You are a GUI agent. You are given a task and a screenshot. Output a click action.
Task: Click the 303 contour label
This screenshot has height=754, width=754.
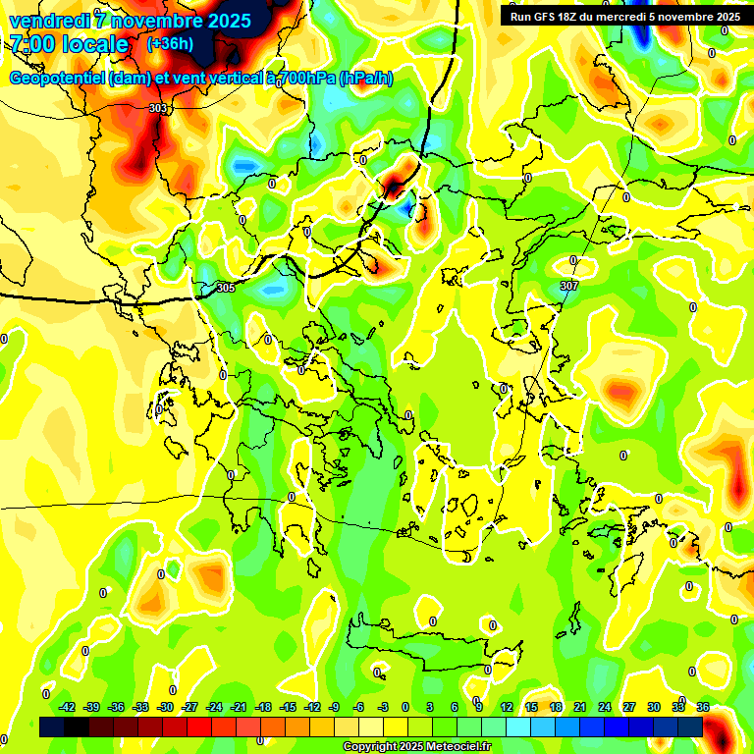coord(158,108)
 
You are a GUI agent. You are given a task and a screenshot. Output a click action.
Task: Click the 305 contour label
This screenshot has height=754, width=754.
coord(226,288)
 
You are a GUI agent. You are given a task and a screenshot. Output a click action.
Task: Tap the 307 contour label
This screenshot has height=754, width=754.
coord(569,286)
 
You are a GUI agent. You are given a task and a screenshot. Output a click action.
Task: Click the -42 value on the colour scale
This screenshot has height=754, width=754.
coord(67,707)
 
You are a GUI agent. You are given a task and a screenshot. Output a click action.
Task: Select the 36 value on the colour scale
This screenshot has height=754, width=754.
coord(703,707)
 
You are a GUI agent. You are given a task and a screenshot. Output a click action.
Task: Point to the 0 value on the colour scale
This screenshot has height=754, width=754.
coord(405,707)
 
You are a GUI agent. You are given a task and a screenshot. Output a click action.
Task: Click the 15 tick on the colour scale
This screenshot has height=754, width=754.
coord(531,707)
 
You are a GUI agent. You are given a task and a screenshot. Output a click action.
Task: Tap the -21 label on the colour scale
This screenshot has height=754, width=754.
coord(239,707)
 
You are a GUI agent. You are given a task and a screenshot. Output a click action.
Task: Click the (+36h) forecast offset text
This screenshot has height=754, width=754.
coord(170,43)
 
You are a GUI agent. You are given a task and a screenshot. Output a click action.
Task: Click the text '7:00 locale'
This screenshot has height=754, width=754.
coord(69,44)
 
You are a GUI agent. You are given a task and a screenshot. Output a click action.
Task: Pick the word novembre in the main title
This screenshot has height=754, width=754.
coord(157,20)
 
